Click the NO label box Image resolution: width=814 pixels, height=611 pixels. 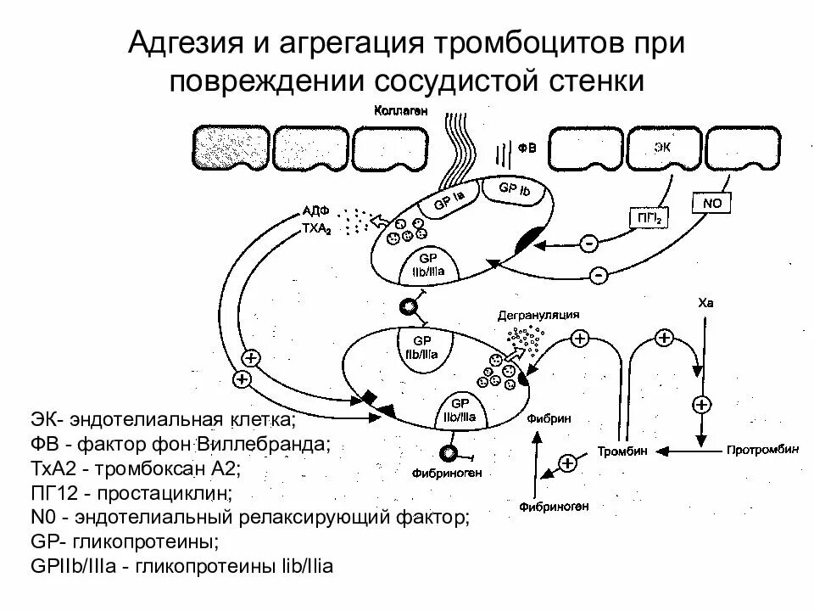tap(711, 204)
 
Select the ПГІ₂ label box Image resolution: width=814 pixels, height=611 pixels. tap(649, 218)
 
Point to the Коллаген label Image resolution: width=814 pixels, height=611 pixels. tap(399, 110)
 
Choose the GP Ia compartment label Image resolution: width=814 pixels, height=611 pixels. tap(449, 200)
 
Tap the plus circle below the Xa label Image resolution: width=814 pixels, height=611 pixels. tap(701, 404)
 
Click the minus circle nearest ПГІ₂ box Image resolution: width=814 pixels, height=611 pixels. tap(588, 244)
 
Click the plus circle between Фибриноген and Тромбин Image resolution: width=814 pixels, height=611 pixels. tap(566, 462)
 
